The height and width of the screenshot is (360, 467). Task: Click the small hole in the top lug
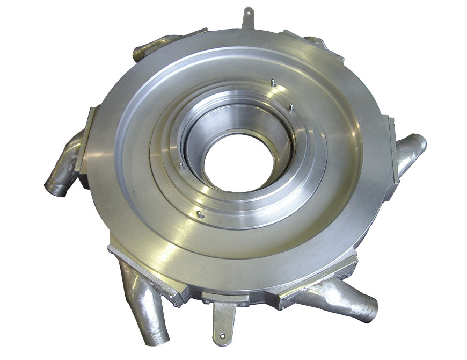pos(247,12)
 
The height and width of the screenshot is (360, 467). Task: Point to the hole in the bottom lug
pos(221,337)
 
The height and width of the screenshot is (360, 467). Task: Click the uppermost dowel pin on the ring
pos(272,83)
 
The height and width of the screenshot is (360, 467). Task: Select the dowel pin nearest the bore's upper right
pos(290,106)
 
